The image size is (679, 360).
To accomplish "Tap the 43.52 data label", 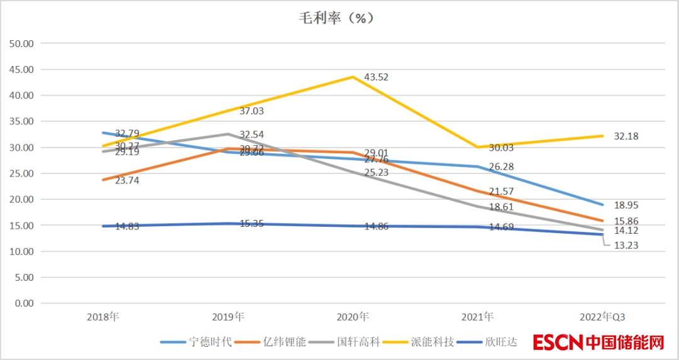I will [x=377, y=77].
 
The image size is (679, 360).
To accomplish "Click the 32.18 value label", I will [x=626, y=136].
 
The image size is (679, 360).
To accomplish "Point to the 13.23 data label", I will [x=626, y=245].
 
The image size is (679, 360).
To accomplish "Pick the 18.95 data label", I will [x=626, y=205].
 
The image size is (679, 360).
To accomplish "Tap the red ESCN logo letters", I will [x=558, y=342].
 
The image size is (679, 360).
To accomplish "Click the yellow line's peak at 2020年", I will [x=353, y=77].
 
